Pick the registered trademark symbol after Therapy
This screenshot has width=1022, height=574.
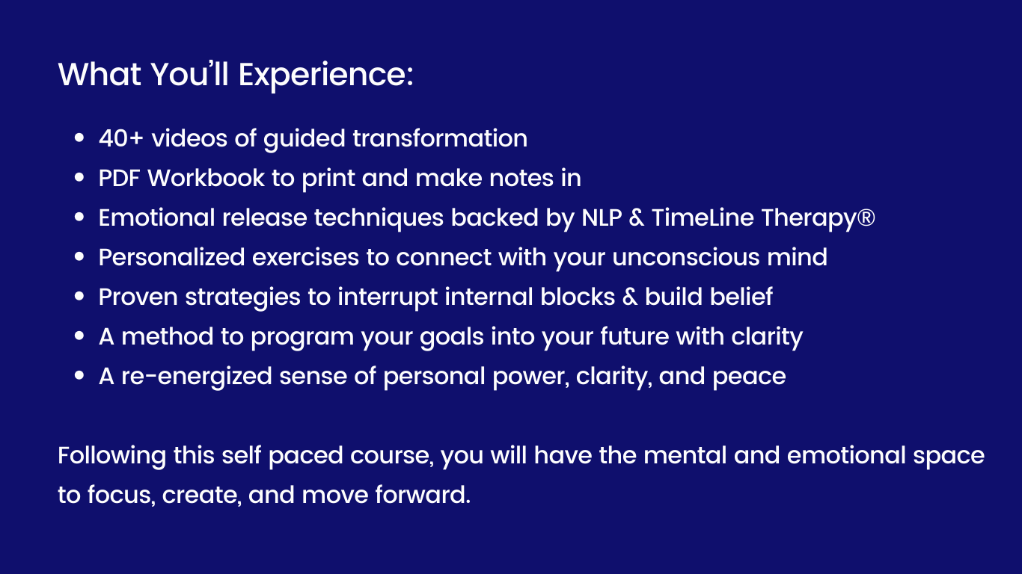pos(866,217)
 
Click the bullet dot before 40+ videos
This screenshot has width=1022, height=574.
pos(79,139)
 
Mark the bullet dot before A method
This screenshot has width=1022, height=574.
pos(79,337)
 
